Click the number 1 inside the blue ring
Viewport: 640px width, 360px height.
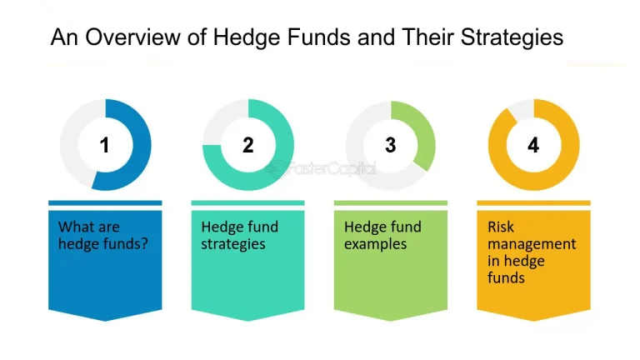point(105,145)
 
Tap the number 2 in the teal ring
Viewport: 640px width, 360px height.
point(247,145)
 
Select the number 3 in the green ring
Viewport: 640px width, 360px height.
point(391,145)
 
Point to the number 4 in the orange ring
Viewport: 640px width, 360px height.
point(533,145)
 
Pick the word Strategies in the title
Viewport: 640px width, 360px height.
point(511,37)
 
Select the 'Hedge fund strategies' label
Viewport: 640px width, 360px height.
point(240,235)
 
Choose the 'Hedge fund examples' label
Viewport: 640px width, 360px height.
point(382,235)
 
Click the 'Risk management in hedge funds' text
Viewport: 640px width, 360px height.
point(520,252)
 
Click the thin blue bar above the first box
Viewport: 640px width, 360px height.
point(105,202)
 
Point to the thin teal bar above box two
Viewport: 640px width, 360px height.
point(247,202)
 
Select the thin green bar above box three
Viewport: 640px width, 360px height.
point(391,202)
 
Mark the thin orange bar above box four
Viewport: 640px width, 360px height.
point(533,202)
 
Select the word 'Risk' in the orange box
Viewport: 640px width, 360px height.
point(502,227)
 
